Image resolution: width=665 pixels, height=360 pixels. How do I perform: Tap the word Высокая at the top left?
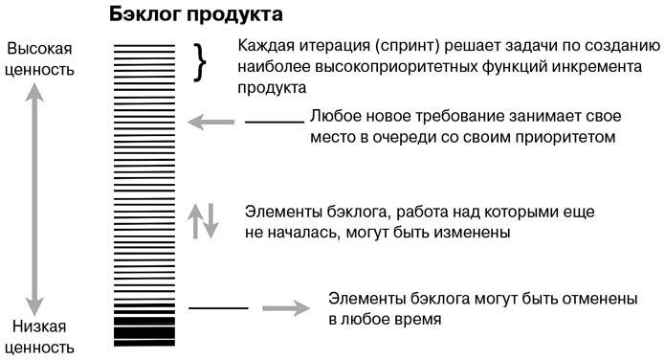click(39, 49)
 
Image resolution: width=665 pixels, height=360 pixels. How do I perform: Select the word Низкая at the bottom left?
click(39, 326)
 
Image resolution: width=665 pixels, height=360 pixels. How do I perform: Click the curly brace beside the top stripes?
click(201, 61)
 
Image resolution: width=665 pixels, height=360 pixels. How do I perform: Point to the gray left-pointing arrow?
click(211, 122)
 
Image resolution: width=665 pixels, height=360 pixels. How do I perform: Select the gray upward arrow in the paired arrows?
click(193, 219)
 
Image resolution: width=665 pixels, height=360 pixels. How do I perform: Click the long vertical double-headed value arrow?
click(36, 192)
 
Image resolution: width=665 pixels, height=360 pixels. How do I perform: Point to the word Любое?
click(334, 117)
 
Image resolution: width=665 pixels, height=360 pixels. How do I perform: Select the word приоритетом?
click(567, 137)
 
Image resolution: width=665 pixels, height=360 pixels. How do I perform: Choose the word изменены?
click(470, 232)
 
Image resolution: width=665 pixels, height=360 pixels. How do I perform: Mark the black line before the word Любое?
click(274, 122)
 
